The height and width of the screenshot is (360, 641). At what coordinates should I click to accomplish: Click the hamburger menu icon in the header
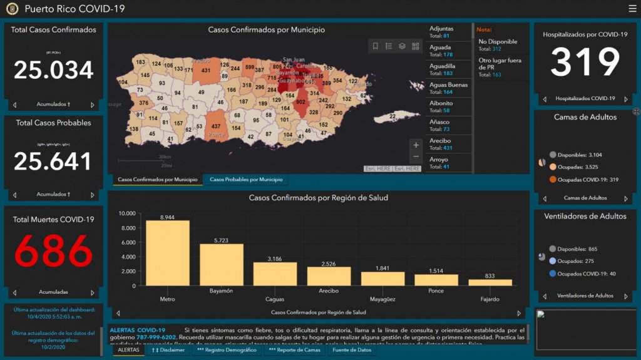[x=632, y=9]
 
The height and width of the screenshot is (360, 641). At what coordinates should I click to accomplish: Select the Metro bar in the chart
[x=168, y=253]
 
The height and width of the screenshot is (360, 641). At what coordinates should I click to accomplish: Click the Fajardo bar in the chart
[x=490, y=282]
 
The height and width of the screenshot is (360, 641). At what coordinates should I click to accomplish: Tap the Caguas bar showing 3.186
[x=275, y=274]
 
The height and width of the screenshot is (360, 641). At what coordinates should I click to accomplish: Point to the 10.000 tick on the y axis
[x=126, y=213]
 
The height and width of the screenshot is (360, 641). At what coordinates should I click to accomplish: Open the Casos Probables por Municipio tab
[x=246, y=180]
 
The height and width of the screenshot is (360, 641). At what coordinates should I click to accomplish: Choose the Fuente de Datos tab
[x=351, y=350]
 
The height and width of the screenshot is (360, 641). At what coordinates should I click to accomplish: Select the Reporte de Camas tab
[x=294, y=350]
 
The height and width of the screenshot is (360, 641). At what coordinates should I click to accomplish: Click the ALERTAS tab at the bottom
[x=128, y=350]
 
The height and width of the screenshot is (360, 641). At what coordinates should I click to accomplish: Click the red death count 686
[x=54, y=252]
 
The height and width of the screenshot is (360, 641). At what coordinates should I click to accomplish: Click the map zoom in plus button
[x=416, y=145]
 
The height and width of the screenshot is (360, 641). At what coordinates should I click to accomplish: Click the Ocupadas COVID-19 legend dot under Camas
[x=553, y=180]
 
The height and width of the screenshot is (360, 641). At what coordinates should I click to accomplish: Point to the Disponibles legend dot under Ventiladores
[x=553, y=249]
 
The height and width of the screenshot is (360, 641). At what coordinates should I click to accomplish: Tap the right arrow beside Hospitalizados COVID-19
[x=625, y=99]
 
